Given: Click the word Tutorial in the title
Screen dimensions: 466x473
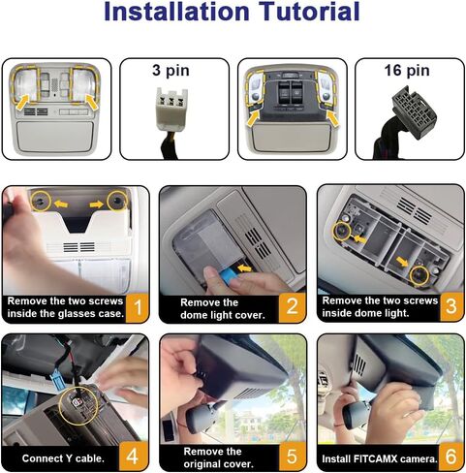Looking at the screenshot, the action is pyautogui.click(x=309, y=12).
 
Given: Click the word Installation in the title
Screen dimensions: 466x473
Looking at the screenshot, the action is pyautogui.click(x=176, y=12).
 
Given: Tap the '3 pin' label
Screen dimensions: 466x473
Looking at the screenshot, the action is pyautogui.click(x=171, y=71).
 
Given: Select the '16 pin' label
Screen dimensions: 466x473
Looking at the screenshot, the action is pyautogui.click(x=407, y=70).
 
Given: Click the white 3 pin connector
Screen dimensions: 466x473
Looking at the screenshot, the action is pyautogui.click(x=171, y=107).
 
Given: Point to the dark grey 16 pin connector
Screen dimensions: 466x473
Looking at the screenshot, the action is pyautogui.click(x=415, y=111).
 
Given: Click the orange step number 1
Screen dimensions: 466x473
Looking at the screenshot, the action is pyautogui.click(x=138, y=307).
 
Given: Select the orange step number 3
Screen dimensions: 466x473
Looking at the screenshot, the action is pyautogui.click(x=451, y=306).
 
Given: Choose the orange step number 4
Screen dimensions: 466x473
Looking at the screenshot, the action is pyautogui.click(x=133, y=457).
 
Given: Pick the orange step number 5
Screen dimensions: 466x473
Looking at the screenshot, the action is pyautogui.click(x=292, y=457).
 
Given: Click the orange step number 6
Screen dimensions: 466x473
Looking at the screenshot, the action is pyautogui.click(x=450, y=457).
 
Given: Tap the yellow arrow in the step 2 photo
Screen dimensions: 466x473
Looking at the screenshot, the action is pyautogui.click(x=244, y=268).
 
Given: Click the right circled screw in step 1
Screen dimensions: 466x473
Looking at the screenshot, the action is pyautogui.click(x=117, y=201).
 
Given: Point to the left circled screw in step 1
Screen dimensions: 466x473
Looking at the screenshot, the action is pyautogui.click(x=41, y=201).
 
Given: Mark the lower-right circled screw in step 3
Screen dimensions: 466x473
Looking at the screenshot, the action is pyautogui.click(x=419, y=275).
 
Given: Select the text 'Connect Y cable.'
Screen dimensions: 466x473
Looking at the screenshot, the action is pyautogui.click(x=63, y=458).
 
